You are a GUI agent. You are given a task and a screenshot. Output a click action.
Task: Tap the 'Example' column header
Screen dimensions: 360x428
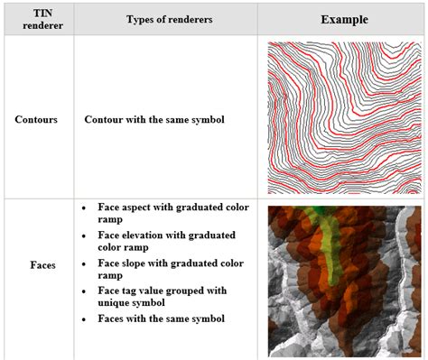(343, 18)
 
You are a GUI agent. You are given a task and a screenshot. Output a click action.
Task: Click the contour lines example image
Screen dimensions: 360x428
(344, 117)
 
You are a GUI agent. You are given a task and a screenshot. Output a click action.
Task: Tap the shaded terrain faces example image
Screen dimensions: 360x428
(344, 281)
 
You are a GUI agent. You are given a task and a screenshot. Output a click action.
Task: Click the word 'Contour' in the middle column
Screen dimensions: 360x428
(105, 119)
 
